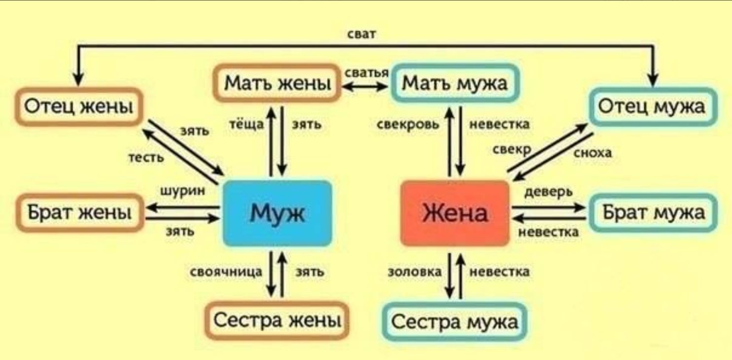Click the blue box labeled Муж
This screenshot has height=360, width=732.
[x=277, y=213]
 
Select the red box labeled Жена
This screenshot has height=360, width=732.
[x=454, y=213]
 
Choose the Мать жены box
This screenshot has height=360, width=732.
[x=277, y=83]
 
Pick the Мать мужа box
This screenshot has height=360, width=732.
[x=454, y=83]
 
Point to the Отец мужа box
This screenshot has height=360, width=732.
[x=652, y=107]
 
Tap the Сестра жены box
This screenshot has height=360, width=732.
[x=277, y=321]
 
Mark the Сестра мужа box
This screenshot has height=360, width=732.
[x=454, y=322]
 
